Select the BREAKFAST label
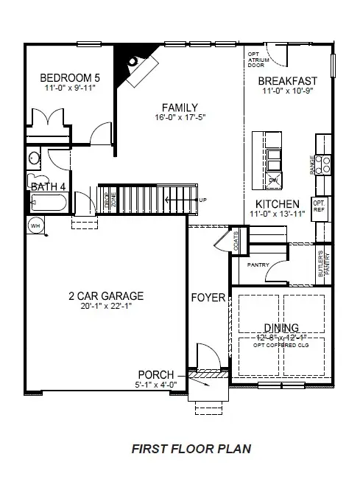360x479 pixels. [x=288, y=81]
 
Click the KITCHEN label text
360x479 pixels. [x=277, y=203]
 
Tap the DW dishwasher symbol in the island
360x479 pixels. [x=272, y=179]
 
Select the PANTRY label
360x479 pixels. [x=257, y=265]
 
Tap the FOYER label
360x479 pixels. [x=208, y=298]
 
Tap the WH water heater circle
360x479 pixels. [x=35, y=225]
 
